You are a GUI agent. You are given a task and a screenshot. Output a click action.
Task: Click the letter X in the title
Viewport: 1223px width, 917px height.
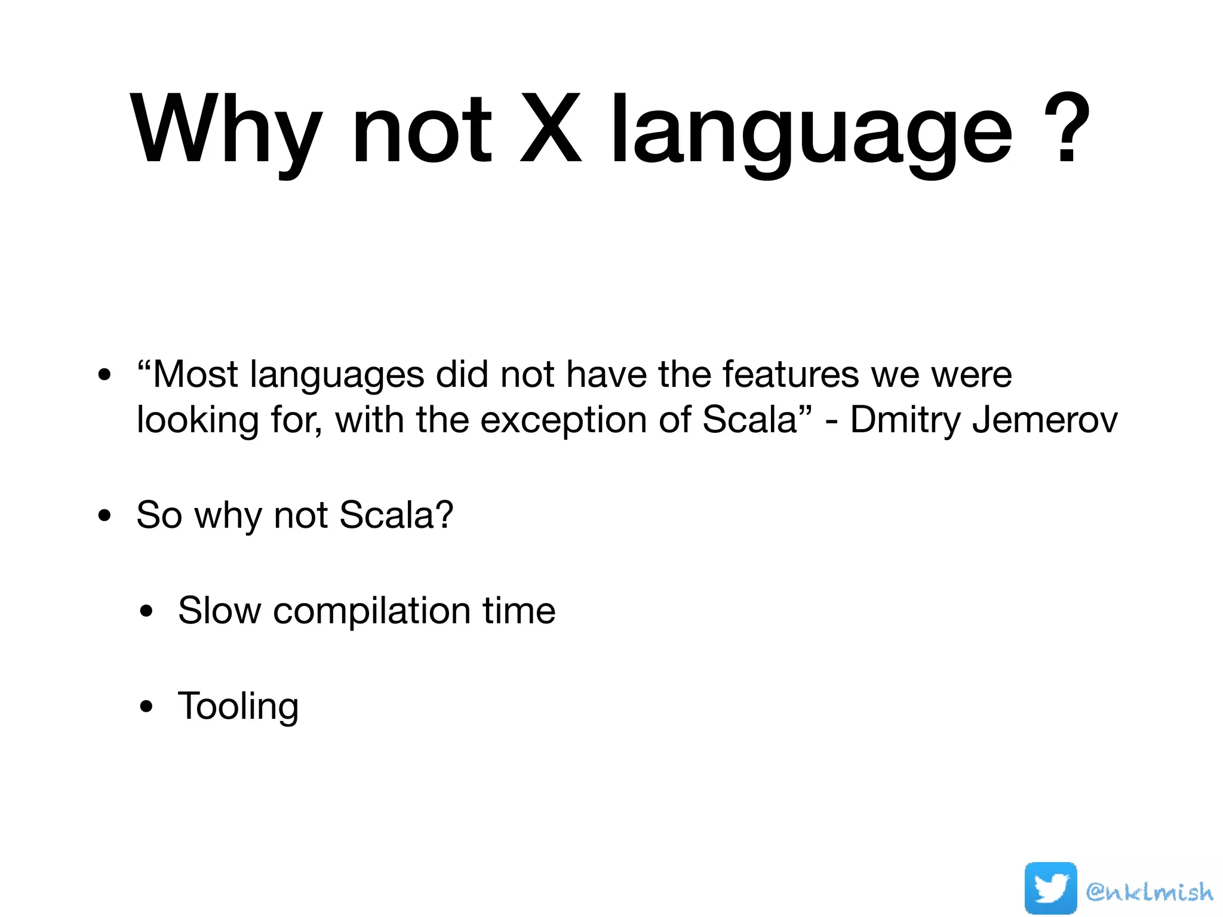coord(550,130)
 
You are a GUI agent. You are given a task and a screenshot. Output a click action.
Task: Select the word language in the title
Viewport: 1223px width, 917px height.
coord(811,130)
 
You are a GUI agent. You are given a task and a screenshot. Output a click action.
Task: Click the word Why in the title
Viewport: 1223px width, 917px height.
coord(226,130)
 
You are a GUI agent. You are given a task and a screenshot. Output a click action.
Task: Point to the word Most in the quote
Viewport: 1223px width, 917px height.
coord(195,375)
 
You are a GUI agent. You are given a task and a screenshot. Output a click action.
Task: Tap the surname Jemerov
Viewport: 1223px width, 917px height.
coord(1044,420)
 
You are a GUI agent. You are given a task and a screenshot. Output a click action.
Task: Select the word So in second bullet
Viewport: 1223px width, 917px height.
coord(159,515)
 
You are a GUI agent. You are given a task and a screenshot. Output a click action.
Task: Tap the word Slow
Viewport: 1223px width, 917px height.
coord(219,611)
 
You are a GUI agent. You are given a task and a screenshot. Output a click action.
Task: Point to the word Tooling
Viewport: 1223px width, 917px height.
coord(238,707)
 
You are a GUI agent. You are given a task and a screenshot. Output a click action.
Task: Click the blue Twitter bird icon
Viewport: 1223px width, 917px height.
coord(1050,888)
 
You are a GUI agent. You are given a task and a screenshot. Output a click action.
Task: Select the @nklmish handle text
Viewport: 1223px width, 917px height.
coord(1149,892)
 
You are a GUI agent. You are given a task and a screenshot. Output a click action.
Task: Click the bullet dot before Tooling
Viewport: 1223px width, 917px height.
coord(146,707)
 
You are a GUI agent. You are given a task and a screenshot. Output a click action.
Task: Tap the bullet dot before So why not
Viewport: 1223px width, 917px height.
coord(105,516)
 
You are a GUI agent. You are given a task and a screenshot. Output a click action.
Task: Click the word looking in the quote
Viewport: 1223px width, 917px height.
coord(197,421)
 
